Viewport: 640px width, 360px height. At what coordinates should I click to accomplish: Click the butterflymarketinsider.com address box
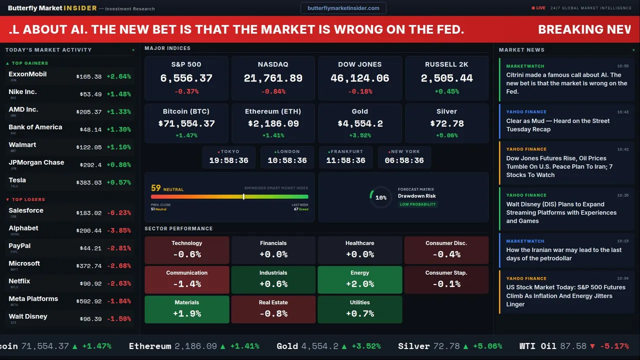pyautogui.click(x=343, y=8)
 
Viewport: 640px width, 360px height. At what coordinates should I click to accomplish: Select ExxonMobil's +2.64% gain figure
pyautogui.click(x=118, y=76)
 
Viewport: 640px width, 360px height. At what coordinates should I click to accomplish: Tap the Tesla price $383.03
pyautogui.click(x=89, y=183)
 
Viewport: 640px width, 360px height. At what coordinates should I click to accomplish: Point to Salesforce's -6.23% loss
pyautogui.click(x=118, y=213)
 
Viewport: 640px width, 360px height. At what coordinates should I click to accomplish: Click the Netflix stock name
pyautogui.click(x=19, y=281)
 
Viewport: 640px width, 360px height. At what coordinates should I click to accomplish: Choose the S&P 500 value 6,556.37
pyautogui.click(x=186, y=78)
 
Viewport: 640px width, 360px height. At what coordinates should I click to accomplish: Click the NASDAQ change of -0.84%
pyautogui.click(x=273, y=91)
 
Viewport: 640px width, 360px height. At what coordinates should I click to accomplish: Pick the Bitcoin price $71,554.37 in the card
pyautogui.click(x=186, y=123)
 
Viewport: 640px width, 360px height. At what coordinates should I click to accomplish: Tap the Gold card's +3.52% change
pyautogui.click(x=359, y=135)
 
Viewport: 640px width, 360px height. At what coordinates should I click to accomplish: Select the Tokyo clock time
pyautogui.click(x=228, y=160)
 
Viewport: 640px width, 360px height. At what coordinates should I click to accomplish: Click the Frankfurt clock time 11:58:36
pyautogui.click(x=345, y=160)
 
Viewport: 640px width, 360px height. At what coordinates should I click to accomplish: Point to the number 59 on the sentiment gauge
pyautogui.click(x=156, y=188)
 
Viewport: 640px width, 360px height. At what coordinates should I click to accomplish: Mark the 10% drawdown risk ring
pyautogui.click(x=380, y=197)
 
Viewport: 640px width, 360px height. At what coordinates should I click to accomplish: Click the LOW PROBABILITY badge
pyautogui.click(x=417, y=204)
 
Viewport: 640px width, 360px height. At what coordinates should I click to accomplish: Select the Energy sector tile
pyautogui.click(x=359, y=279)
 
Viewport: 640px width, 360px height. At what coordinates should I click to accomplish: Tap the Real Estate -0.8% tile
pyautogui.click(x=273, y=309)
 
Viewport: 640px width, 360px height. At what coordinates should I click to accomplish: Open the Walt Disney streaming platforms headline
pyautogui.click(x=561, y=212)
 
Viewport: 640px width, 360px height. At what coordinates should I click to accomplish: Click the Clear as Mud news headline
pyautogui.click(x=557, y=125)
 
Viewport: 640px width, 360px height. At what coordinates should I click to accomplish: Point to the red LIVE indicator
pyautogui.click(x=539, y=8)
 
